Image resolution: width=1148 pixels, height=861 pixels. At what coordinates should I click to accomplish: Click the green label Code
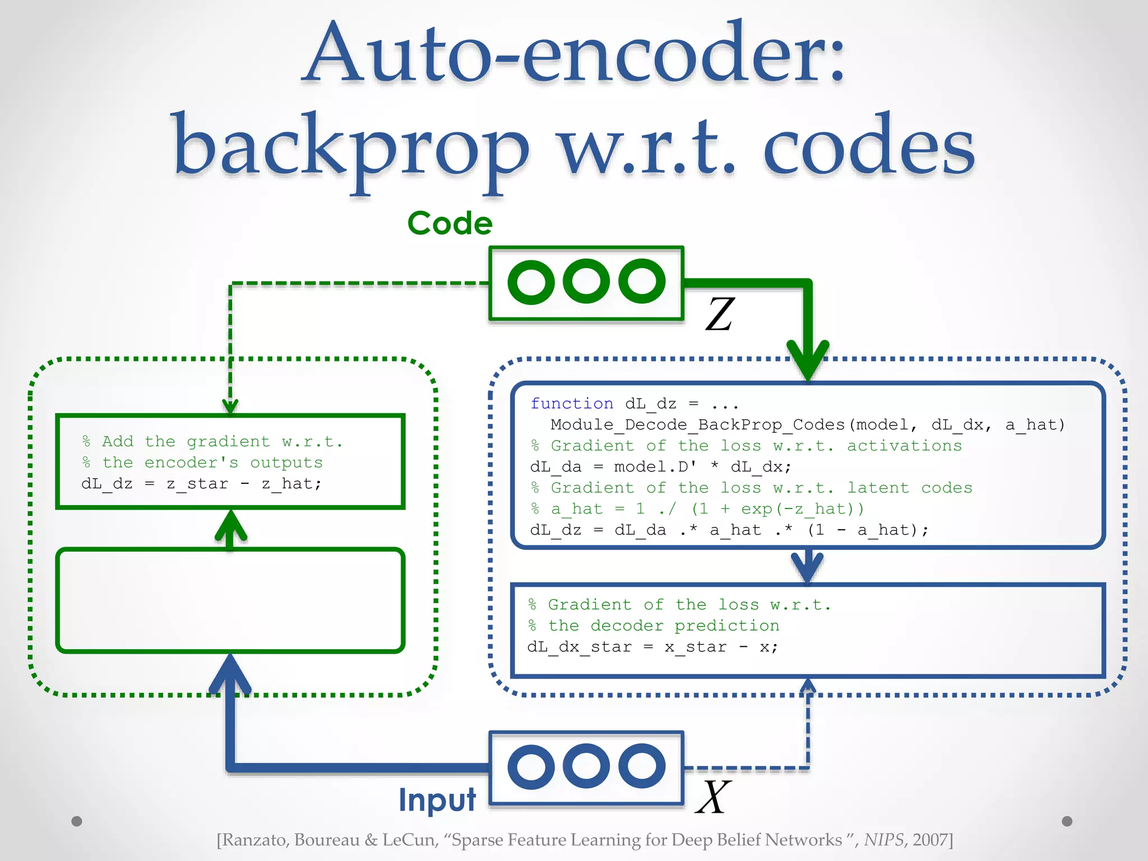450,223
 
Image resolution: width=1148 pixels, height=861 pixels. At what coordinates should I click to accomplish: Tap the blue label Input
437,799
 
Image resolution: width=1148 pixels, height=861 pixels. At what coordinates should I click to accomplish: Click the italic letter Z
720,314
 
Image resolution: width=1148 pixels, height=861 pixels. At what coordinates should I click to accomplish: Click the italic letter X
713,797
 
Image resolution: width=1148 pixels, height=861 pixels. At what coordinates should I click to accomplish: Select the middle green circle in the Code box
586,281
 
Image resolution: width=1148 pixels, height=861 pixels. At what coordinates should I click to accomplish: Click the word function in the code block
572,404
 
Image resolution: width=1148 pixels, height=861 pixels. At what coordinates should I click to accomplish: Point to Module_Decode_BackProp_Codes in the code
697,425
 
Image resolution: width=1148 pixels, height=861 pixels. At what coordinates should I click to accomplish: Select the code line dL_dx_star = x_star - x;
652,647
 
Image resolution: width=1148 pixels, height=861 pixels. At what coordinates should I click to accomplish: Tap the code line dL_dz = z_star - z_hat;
202,484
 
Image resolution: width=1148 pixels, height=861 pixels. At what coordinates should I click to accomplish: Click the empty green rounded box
230,600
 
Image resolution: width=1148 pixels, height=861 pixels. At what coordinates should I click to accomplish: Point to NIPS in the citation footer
884,840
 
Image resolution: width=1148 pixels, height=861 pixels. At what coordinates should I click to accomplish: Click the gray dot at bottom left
77,821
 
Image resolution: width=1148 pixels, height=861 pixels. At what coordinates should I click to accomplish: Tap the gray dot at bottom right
1067,821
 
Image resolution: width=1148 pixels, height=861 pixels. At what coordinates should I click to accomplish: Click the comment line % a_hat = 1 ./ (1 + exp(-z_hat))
697,509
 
